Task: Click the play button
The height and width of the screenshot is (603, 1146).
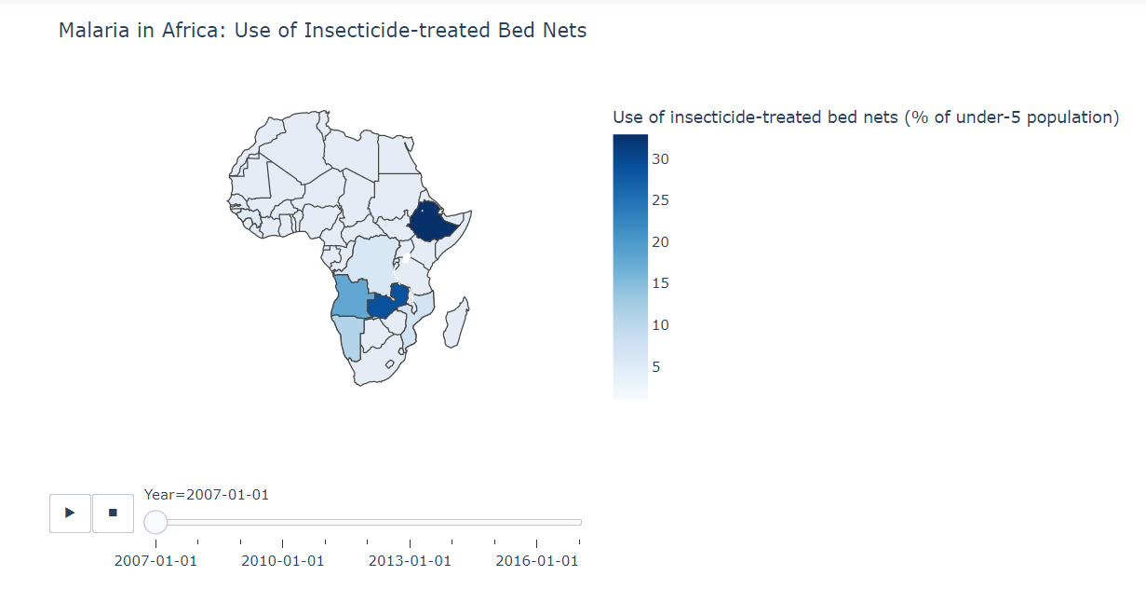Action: pyautogui.click(x=70, y=513)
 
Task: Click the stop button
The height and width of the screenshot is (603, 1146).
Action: pyautogui.click(x=114, y=513)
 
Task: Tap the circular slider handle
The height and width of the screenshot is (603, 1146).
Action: pyautogui.click(x=155, y=522)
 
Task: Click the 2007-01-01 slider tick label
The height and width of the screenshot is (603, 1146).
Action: pyautogui.click(x=155, y=560)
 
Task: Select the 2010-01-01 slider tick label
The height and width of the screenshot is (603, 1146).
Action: pyautogui.click(x=283, y=560)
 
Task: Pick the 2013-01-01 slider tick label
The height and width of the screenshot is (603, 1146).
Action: pyautogui.click(x=410, y=560)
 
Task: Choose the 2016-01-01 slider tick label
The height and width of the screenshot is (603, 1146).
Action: pyautogui.click(x=536, y=560)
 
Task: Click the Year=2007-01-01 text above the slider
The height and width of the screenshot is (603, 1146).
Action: pyautogui.click(x=207, y=495)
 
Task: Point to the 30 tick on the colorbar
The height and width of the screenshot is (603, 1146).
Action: pyautogui.click(x=660, y=159)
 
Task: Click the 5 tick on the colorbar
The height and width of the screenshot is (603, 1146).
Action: pyautogui.click(x=655, y=366)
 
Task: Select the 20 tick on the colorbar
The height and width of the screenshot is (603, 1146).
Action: pyautogui.click(x=660, y=242)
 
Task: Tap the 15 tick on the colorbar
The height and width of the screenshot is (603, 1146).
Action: pyautogui.click(x=660, y=283)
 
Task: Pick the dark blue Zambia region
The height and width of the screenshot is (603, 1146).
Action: pyautogui.click(x=384, y=306)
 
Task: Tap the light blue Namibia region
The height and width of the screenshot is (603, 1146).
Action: pyautogui.click(x=349, y=340)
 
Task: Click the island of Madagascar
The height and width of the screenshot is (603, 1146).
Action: pyautogui.click(x=456, y=322)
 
